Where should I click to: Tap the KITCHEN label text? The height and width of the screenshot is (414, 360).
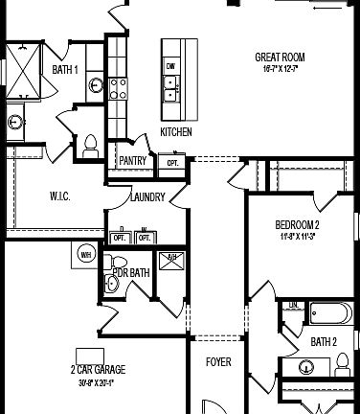176,131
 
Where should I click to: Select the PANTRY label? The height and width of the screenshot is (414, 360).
133,161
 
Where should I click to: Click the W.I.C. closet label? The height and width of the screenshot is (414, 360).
59,196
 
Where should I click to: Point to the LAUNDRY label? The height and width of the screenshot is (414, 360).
147,197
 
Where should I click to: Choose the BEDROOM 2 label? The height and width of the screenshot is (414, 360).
296,225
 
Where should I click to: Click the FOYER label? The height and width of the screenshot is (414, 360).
219,362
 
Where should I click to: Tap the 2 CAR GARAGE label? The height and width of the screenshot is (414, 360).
98,369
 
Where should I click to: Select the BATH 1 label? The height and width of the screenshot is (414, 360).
65,70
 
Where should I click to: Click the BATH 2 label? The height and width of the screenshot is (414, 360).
323,341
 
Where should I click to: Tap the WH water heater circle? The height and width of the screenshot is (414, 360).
85,254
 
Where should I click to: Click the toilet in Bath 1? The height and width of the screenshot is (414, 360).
91,145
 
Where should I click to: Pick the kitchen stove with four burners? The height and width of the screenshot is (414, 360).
118,88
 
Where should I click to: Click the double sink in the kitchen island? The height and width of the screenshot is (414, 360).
171,89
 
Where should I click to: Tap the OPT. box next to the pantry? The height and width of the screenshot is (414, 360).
173,162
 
